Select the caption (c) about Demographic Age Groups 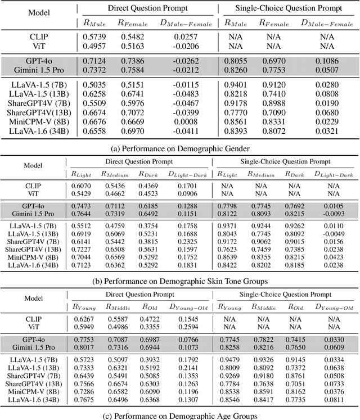tap(180, 416)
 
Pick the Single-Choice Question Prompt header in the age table tap(285, 294)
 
